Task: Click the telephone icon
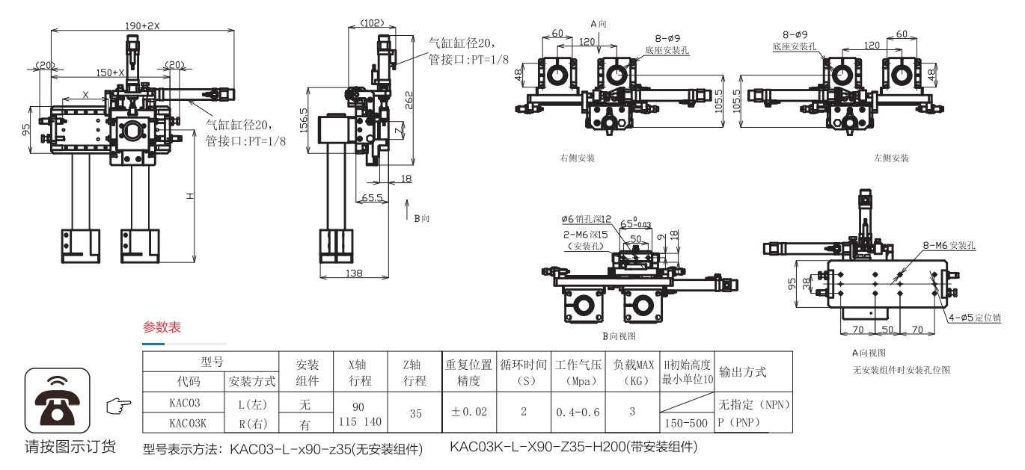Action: pyautogui.click(x=58, y=401)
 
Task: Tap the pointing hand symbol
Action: pyautogui.click(x=118, y=406)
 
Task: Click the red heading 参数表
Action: pyautogui.click(x=162, y=327)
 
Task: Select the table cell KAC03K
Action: pyautogui.click(x=187, y=422)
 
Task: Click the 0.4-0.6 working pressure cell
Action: pyautogui.click(x=578, y=412)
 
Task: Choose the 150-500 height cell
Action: pyautogui.click(x=686, y=423)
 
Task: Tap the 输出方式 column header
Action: pyautogui.click(x=742, y=371)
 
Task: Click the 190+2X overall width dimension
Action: pyautogui.click(x=143, y=25)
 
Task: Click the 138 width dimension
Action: pyautogui.click(x=354, y=273)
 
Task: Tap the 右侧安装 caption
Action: pyautogui.click(x=578, y=158)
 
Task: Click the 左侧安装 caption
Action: pyautogui.click(x=891, y=158)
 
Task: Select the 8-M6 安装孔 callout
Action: pyautogui.click(x=949, y=245)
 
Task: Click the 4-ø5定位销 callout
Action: pyautogui.click(x=974, y=318)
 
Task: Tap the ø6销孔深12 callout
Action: pyautogui.click(x=587, y=219)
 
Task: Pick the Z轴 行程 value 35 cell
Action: pyautogui.click(x=415, y=412)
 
